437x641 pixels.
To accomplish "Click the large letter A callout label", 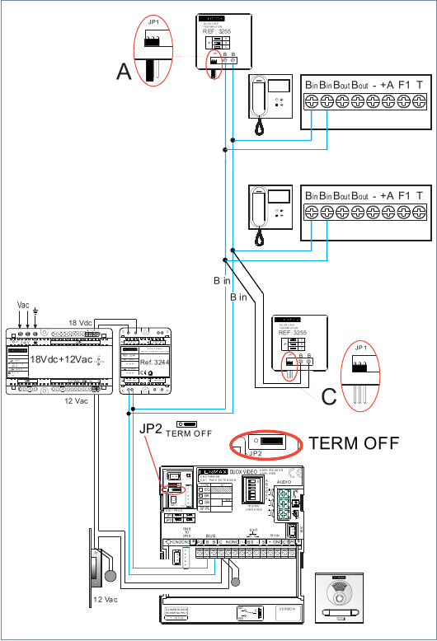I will [x=125, y=73].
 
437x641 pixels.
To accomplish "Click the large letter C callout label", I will [x=329, y=396].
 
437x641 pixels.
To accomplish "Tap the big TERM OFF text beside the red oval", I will [x=354, y=442].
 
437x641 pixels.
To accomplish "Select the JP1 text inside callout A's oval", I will [x=153, y=21].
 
